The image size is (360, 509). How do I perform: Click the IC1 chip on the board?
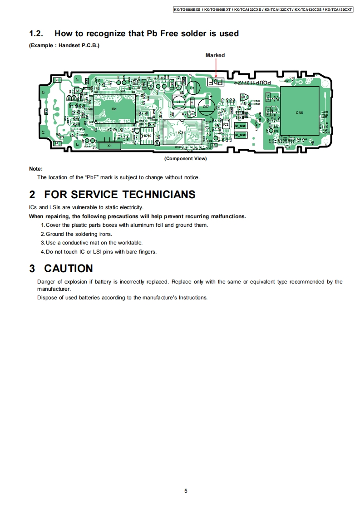(x=114, y=109)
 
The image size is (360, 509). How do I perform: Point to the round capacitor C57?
(x=206, y=107)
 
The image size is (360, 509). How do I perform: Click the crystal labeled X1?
(x=109, y=146)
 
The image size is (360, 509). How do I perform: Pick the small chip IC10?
(x=147, y=136)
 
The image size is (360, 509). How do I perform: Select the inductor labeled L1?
(x=178, y=102)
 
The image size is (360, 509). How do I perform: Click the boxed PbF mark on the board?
(x=215, y=83)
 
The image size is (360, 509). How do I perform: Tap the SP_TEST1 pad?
(x=240, y=126)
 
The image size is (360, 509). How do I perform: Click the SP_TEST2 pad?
(x=240, y=135)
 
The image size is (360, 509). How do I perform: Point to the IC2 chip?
(x=226, y=124)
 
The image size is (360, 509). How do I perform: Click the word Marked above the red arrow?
(x=215, y=55)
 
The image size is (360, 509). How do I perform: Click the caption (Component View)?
(x=185, y=159)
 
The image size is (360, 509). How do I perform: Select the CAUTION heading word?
(x=68, y=268)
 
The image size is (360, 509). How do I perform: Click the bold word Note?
(x=36, y=169)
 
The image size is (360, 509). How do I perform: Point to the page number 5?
(x=186, y=491)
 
